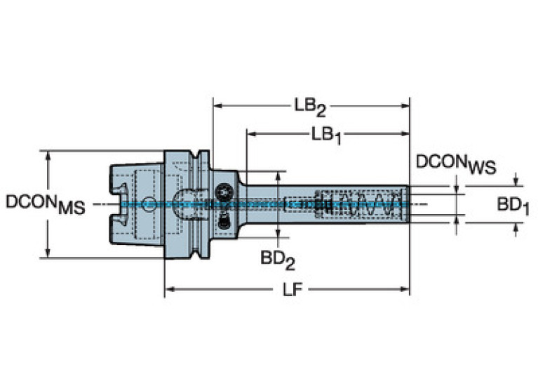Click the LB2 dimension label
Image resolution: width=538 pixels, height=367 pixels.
(310, 107)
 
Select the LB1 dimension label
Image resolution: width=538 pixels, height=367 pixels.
(326, 135)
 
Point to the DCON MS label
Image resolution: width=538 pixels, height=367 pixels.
(46, 204)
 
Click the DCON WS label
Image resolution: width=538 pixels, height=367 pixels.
(456, 164)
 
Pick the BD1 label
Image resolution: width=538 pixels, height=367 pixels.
(513, 207)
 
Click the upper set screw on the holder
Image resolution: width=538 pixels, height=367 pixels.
(224, 192)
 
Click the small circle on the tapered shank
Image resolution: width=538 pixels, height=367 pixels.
(149, 204)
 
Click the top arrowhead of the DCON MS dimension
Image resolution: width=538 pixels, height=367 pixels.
(48, 156)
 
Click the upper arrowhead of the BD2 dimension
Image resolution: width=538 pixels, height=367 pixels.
(278, 176)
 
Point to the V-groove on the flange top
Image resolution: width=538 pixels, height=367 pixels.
(195, 156)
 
